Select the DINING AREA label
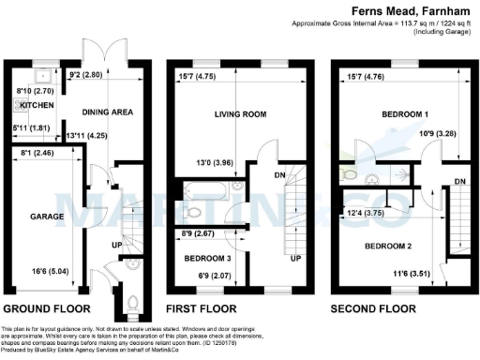pos(108,112)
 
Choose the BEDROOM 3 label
pos(208,257)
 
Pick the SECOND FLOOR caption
pos(374,307)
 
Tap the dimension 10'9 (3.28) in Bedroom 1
pos(419,133)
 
